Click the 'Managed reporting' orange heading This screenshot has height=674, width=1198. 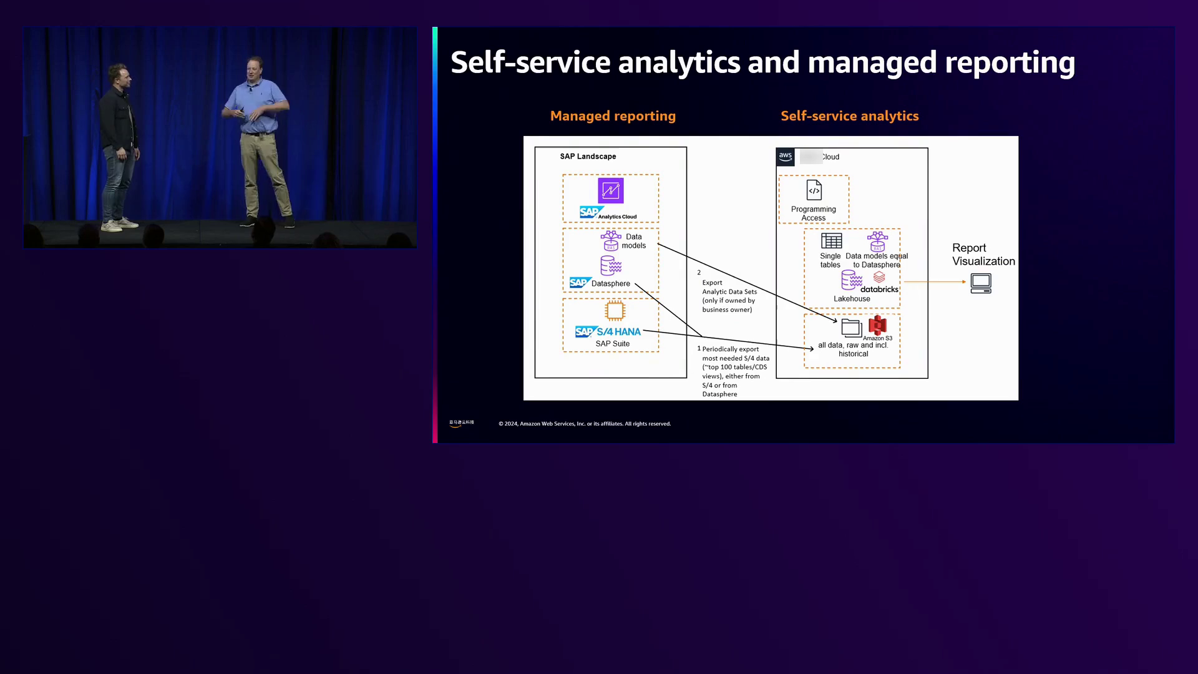click(613, 116)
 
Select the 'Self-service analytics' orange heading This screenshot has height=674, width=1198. click(849, 116)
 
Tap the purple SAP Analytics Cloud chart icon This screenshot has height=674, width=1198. click(610, 191)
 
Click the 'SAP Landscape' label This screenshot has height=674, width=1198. click(588, 157)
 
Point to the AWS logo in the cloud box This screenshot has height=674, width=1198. click(785, 157)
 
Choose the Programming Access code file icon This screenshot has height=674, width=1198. click(814, 190)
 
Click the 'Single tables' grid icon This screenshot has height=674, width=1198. click(831, 241)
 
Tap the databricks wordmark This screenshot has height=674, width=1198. click(879, 290)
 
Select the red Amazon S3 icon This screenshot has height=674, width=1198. click(877, 325)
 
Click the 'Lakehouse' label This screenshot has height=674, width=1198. click(852, 299)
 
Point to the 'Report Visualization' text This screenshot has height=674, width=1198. click(983, 255)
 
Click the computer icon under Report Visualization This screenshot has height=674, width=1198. click(981, 283)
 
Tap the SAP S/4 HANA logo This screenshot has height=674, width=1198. click(608, 332)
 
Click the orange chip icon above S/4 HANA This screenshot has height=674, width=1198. click(615, 311)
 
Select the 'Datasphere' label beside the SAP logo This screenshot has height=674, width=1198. click(610, 284)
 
